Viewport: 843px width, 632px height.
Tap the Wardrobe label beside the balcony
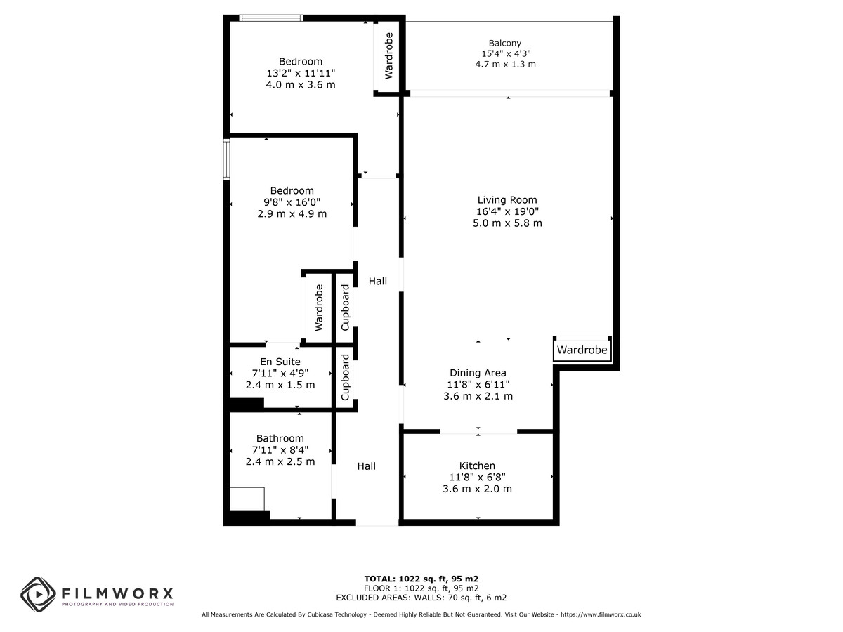(x=388, y=56)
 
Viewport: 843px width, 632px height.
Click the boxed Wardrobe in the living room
(x=582, y=350)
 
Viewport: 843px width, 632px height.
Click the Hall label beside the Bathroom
(x=367, y=466)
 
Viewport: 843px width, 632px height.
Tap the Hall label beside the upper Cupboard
(x=377, y=282)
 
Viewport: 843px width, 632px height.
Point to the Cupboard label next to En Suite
(x=345, y=377)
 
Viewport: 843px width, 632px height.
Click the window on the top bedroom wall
(x=271, y=18)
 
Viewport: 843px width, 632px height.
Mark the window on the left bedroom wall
(x=227, y=159)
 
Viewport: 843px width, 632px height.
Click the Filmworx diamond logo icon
(x=39, y=594)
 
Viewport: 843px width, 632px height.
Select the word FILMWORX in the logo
(x=117, y=594)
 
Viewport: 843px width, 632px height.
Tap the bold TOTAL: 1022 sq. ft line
(x=421, y=579)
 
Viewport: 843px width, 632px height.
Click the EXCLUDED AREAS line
(x=421, y=598)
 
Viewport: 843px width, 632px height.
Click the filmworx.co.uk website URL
(x=601, y=614)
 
